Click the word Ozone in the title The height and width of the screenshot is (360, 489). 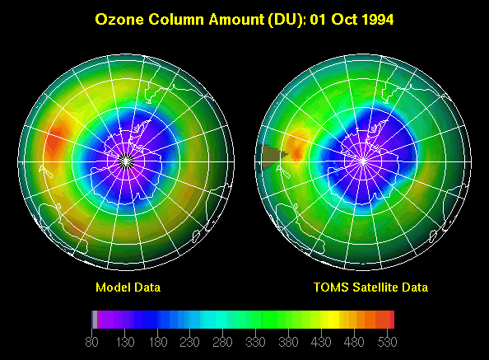tap(119, 19)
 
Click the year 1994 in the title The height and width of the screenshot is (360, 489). tap(378, 19)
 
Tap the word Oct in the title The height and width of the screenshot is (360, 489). tap(344, 19)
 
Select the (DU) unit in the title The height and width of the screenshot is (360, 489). tap(286, 20)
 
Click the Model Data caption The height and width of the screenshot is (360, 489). tap(128, 288)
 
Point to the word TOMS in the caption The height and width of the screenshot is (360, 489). tap(331, 288)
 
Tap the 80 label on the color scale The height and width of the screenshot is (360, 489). tap(91, 342)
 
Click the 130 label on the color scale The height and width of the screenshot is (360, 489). tap(125, 342)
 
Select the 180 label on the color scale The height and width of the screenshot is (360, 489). tap(158, 342)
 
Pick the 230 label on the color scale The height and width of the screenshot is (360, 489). tap(189, 342)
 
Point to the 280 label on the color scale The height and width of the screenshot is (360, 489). tap(222, 342)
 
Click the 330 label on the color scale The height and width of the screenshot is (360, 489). tap(255, 342)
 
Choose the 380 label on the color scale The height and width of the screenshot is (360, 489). tap(288, 342)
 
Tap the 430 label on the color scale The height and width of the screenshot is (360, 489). tap(321, 342)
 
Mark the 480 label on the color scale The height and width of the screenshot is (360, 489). tap(354, 342)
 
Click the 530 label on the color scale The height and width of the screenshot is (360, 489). tap(387, 342)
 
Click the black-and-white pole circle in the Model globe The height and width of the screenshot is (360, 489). tap(126, 161)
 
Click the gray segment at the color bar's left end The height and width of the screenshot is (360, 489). tap(95, 320)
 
